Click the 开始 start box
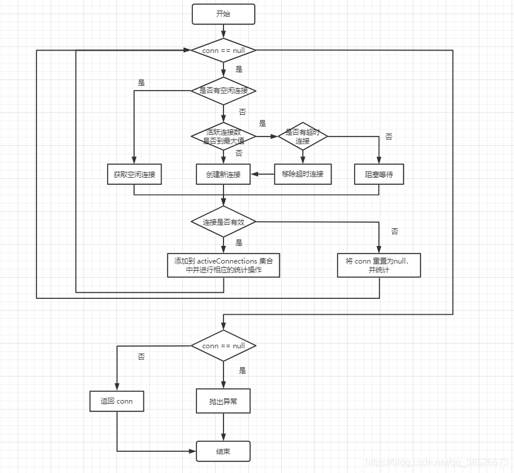tap(223, 14)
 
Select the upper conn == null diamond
tap(223, 51)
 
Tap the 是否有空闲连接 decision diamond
tap(223, 91)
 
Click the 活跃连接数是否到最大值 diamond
tap(223, 136)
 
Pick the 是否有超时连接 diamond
tap(303, 136)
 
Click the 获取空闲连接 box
tap(134, 174)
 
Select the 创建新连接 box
tap(223, 174)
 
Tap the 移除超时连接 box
tap(303, 174)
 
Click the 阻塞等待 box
tap(379, 174)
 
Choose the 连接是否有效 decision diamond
tap(223, 222)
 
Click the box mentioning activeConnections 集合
tap(223, 265)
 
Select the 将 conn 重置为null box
tap(379, 265)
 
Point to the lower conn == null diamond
tap(223, 346)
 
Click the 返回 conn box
tap(117, 401)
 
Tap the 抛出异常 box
tap(223, 401)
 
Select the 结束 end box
tap(223, 452)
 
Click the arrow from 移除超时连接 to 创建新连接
tap(263, 174)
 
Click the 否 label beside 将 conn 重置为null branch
tap(395, 232)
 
